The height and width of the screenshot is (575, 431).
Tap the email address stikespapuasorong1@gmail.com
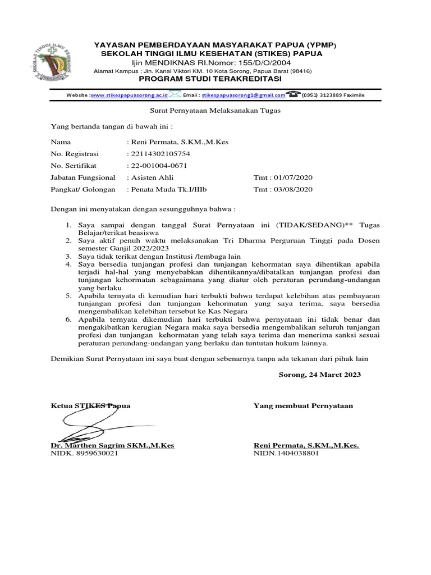pos(243,95)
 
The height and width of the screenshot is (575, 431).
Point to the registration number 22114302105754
pos(159,154)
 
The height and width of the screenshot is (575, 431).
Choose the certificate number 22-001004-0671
pos(158,166)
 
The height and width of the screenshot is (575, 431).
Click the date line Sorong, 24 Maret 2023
pos(320,375)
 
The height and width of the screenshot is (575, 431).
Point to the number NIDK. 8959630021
pos(84,453)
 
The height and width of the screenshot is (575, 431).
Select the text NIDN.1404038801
pos(286,453)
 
